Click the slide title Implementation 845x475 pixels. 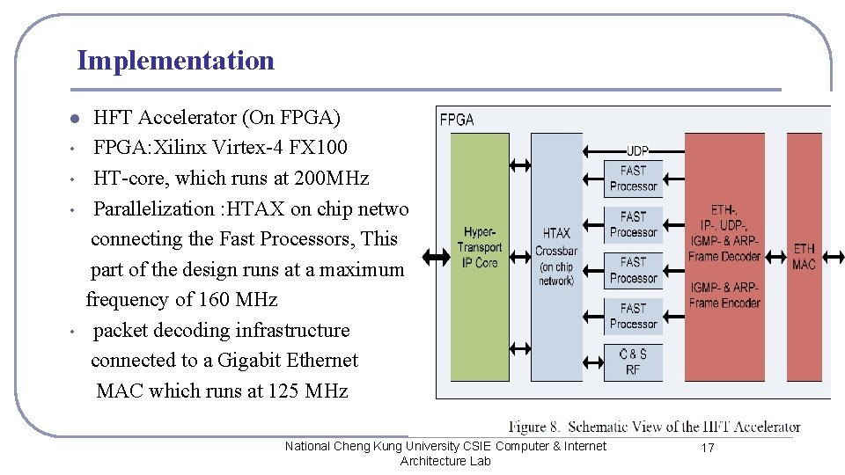[x=175, y=61]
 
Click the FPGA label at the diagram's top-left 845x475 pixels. [x=457, y=119]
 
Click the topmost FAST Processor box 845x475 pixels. [x=633, y=178]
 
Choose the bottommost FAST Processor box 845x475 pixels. [x=633, y=316]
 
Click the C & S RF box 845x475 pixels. [x=633, y=362]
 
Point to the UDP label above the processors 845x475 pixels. [x=638, y=150]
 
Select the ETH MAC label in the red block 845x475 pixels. [x=804, y=256]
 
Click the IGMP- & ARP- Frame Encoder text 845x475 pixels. [x=724, y=295]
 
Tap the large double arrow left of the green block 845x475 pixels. [x=436, y=256]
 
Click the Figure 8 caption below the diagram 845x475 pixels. [x=654, y=427]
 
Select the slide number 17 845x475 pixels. [x=707, y=449]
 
